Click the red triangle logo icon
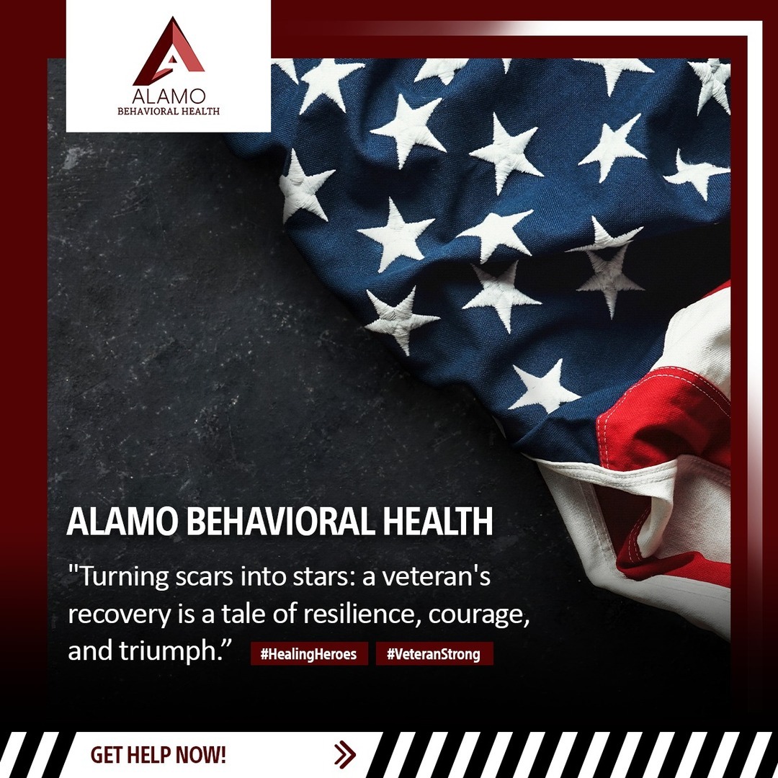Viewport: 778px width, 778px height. (169, 51)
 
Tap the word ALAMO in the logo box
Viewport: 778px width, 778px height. (169, 96)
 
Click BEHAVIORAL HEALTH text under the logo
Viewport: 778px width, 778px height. (169, 111)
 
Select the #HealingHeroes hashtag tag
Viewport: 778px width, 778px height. (308, 653)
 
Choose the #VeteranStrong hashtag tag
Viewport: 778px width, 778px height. (434, 653)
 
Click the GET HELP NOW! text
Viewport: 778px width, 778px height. (158, 755)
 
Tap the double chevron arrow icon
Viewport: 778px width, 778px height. (345, 755)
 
